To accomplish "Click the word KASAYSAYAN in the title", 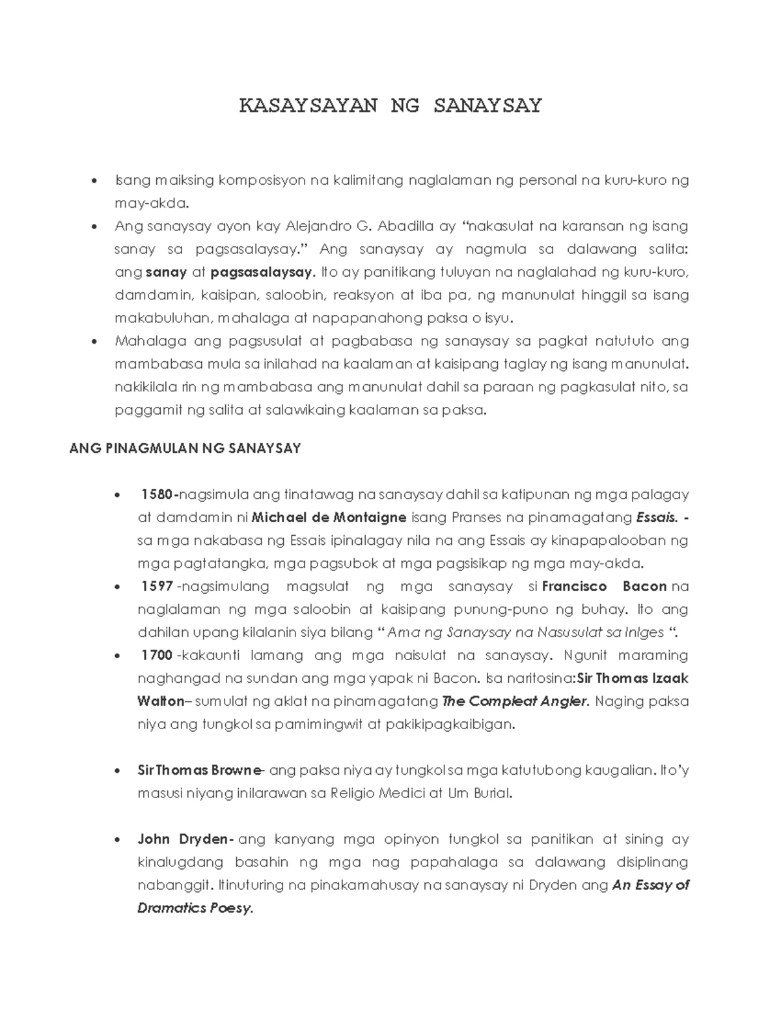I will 308,106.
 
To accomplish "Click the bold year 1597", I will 157,587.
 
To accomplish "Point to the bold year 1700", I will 157,655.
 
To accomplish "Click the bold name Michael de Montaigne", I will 329,518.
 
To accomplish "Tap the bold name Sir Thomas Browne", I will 199,770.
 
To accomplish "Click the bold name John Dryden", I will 184,839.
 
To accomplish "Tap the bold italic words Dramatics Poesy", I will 194,907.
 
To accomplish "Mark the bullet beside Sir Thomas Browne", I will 118,771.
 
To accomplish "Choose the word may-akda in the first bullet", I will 151,203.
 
